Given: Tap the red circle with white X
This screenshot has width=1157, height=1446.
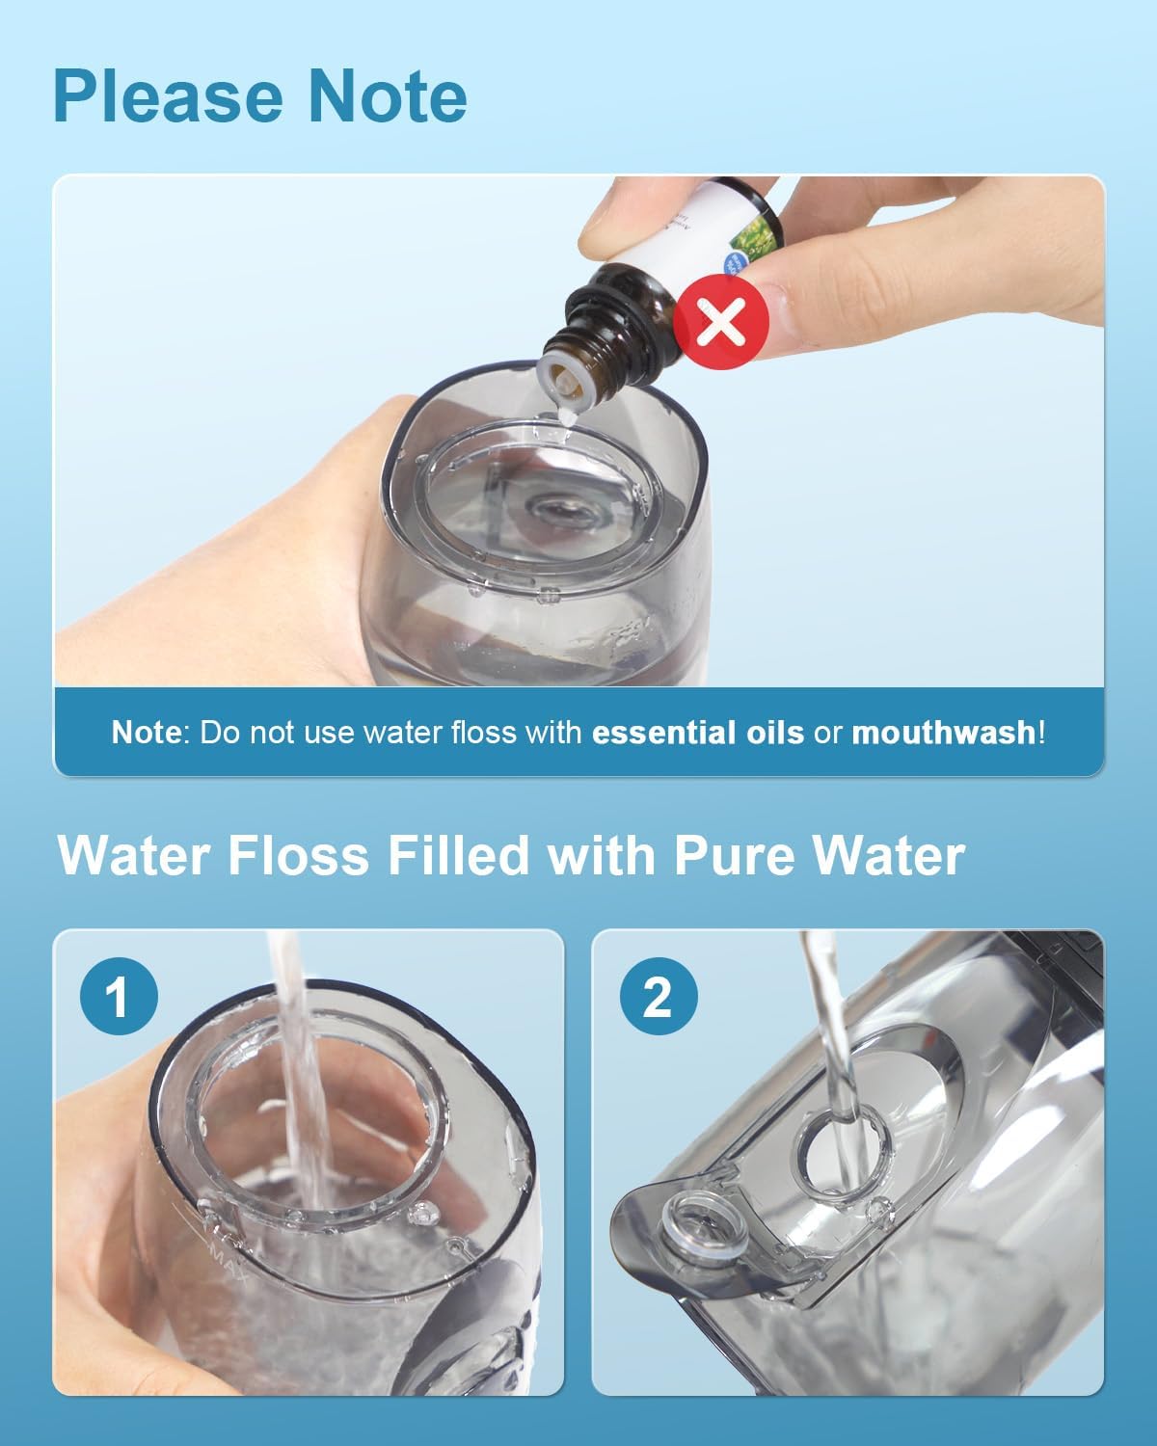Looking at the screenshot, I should tap(720, 322).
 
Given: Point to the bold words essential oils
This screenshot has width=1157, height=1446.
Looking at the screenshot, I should tap(697, 733).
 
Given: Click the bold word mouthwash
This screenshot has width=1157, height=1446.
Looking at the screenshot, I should tap(943, 733).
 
